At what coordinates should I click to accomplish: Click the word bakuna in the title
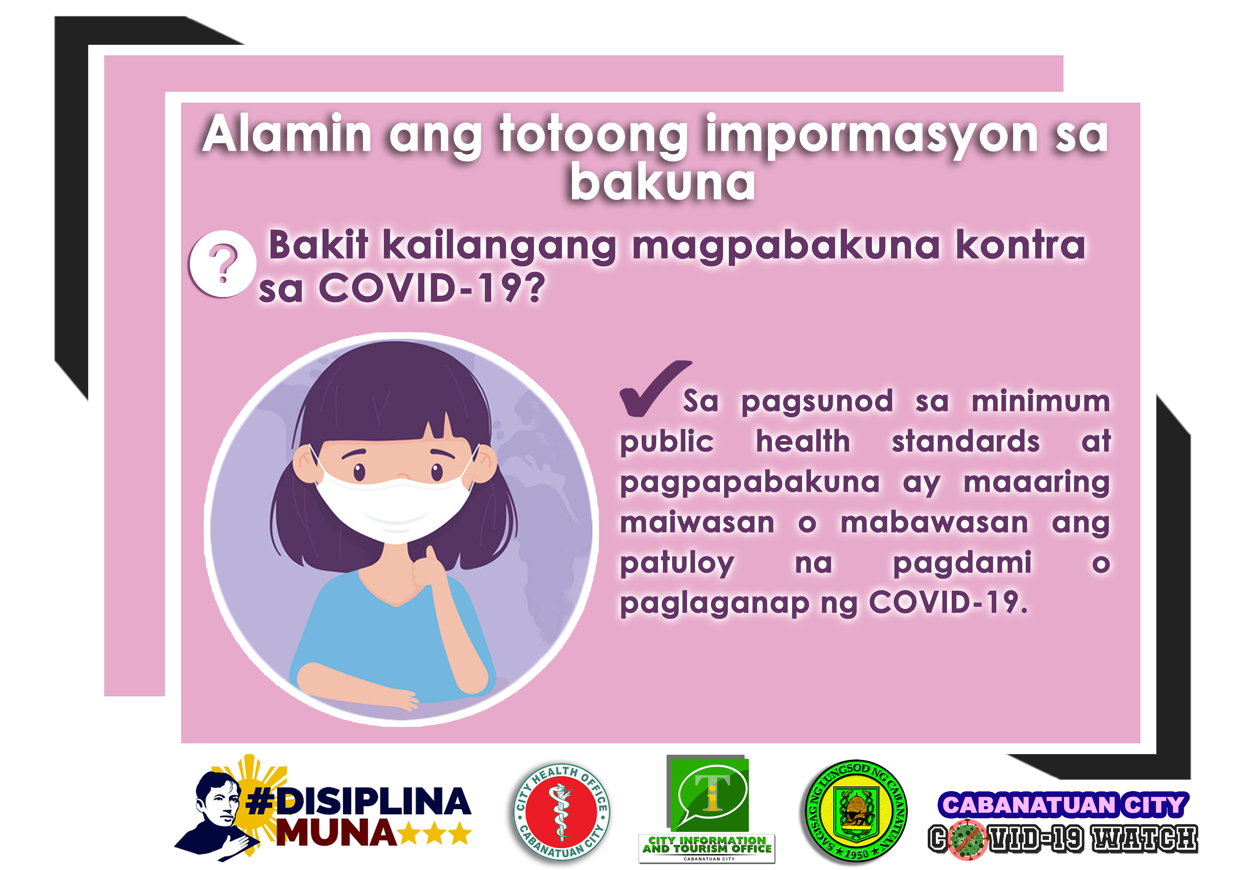(662, 181)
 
